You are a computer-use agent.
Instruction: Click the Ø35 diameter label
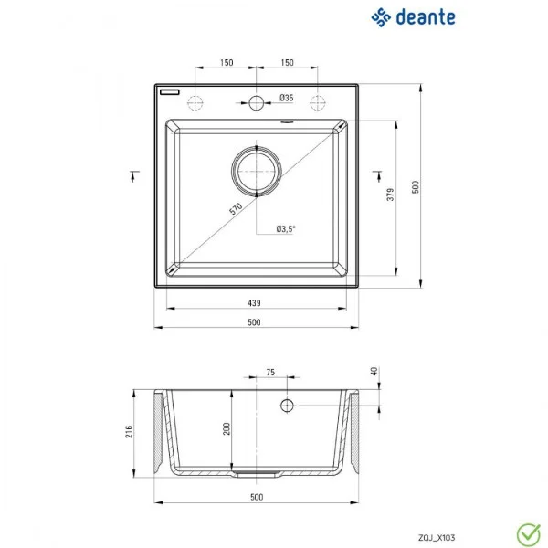(286, 98)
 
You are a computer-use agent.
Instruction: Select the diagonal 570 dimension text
(236, 210)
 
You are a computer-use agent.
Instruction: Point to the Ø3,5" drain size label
(287, 229)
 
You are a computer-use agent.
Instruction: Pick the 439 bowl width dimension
(255, 302)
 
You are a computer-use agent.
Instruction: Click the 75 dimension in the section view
(270, 372)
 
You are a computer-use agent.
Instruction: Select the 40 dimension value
(374, 372)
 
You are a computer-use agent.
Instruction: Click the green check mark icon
(526, 531)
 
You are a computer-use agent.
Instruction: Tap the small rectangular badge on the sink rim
(171, 92)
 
